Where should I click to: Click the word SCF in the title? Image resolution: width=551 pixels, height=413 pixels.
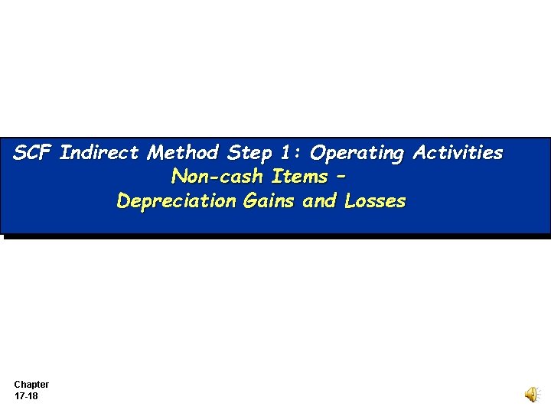pyautogui.click(x=33, y=153)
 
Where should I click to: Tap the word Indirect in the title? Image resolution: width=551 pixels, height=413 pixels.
pyautogui.click(x=99, y=153)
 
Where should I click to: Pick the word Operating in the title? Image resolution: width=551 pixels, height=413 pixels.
pyautogui.click(x=357, y=154)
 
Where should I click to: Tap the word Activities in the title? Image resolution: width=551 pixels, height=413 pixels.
pyautogui.click(x=458, y=153)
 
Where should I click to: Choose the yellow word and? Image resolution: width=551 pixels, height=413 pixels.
pyautogui.click(x=321, y=201)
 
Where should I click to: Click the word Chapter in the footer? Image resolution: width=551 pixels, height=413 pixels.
pyautogui.click(x=31, y=385)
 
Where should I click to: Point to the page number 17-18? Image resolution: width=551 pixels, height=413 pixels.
pyautogui.click(x=27, y=396)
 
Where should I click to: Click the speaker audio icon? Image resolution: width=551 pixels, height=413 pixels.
pyautogui.click(x=531, y=394)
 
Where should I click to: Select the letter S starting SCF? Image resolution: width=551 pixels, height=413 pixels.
pyautogui.click(x=21, y=153)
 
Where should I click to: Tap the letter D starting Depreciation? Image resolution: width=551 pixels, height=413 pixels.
pyautogui.click(x=123, y=201)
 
